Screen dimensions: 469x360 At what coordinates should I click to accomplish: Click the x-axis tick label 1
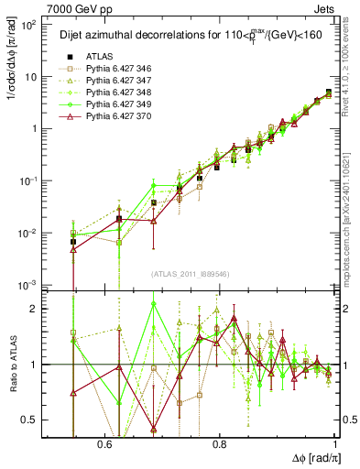click(x=335, y=444)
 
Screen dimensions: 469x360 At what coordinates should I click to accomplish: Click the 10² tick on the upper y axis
click(x=29, y=25)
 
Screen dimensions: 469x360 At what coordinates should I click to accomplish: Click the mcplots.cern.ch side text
click(x=350, y=211)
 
